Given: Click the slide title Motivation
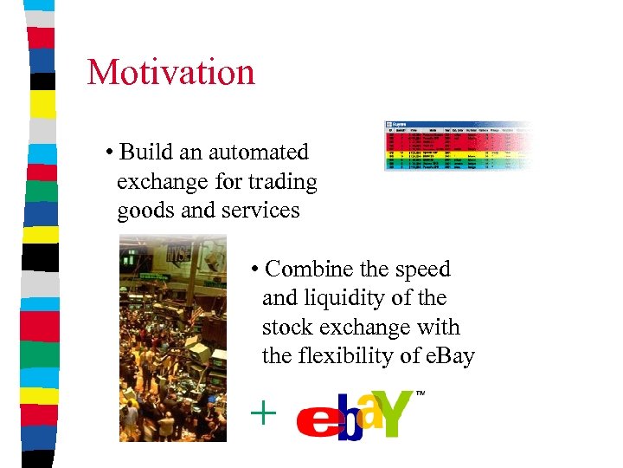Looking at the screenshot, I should tap(170, 72).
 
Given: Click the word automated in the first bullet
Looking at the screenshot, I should tap(256, 153).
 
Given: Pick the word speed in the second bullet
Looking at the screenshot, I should tap(421, 270).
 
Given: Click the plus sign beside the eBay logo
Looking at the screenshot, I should tap(262, 413).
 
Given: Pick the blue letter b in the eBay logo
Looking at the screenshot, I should tap(349, 418).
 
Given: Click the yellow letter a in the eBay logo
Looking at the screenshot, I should tap(370, 411).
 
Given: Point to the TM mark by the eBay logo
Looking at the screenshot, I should tap(421, 393).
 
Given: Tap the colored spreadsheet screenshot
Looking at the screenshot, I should tap(459, 145).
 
